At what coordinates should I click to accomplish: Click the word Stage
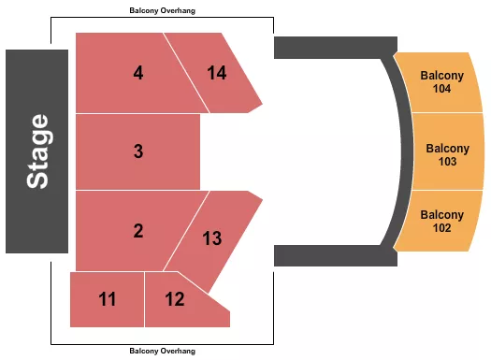point(37,151)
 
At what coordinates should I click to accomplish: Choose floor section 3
point(137,151)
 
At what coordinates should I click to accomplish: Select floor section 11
point(108,299)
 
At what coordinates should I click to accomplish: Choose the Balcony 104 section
point(442,82)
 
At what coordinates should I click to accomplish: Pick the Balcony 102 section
point(442,221)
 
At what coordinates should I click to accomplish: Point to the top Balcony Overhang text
point(163,10)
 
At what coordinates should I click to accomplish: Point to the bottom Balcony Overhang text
point(163,351)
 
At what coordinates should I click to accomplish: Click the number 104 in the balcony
point(442,90)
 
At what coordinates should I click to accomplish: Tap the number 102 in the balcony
point(442,228)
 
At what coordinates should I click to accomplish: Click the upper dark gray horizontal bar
point(327,48)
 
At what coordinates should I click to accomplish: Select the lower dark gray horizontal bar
point(327,254)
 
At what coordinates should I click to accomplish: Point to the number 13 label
point(212,238)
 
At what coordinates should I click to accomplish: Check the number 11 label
point(108,299)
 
